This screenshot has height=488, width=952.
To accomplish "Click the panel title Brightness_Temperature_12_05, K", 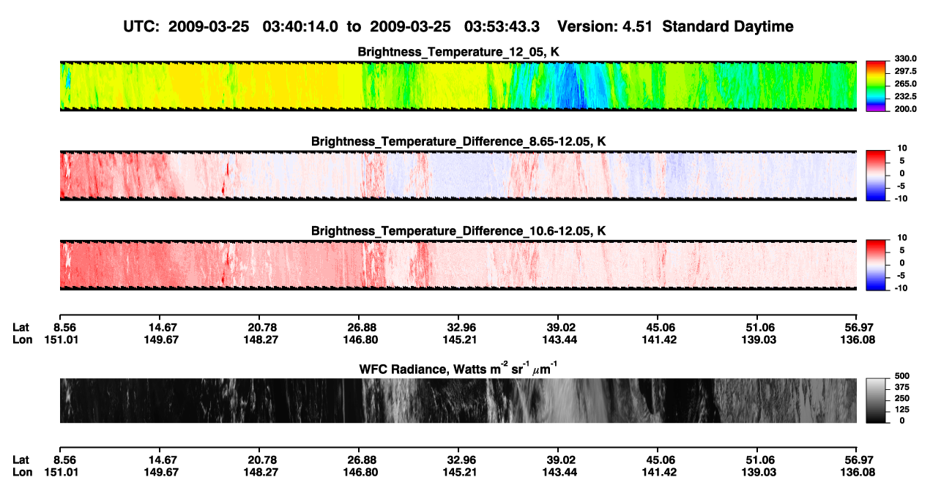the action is tap(458, 52).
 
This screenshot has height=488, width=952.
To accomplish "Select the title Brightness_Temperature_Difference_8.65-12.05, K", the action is tap(458, 141).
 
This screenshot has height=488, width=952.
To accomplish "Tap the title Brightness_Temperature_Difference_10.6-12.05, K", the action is tap(458, 231).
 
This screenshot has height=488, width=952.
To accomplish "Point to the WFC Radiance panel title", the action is tap(458, 369).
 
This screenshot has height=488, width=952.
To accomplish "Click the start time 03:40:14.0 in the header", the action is tap(300, 27).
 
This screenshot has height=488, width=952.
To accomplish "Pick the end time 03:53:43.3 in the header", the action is tap(502, 27).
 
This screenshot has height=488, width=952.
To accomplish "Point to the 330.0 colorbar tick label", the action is tap(905, 59).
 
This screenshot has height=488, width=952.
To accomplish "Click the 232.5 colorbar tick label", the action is tap(905, 97).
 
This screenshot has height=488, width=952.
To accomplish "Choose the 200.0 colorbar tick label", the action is tap(905, 109).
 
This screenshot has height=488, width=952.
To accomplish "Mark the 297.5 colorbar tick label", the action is tap(905, 72).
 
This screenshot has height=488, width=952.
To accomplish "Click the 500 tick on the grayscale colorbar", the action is tap(902, 376).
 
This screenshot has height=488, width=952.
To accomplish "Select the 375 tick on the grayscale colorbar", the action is tap(902, 387).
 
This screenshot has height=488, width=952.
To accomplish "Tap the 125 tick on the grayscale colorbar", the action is tap(902, 410).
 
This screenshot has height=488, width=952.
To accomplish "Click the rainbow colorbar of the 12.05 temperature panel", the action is tap(876, 86).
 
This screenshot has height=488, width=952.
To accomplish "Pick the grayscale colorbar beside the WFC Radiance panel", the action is tap(876, 400).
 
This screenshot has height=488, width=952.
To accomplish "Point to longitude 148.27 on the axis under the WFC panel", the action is tap(261, 473).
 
